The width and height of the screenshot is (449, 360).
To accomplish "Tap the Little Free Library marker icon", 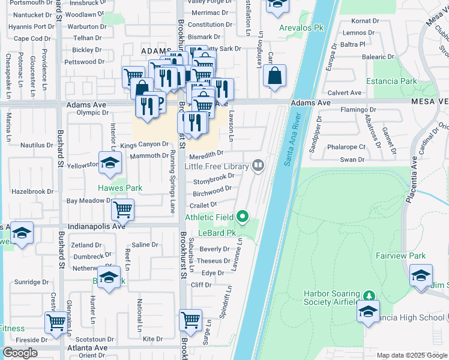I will pyautogui.click(x=259, y=164).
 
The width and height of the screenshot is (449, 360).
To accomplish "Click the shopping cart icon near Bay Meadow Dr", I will pyautogui.click(x=122, y=209).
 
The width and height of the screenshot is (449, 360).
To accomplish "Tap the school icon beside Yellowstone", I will pyautogui.click(x=110, y=164).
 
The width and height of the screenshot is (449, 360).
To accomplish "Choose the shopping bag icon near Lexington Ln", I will pyautogui.click(x=274, y=76).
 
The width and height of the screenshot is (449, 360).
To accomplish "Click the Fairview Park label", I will pyautogui.click(x=400, y=256).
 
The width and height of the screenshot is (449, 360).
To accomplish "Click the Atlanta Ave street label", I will pyautogui.click(x=87, y=347).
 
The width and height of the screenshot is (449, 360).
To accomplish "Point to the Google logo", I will pyautogui.click(x=20, y=353).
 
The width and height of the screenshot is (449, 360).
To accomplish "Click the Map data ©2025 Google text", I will pyautogui.click(x=412, y=355).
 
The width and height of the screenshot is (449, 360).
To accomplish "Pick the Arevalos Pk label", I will pyautogui.click(x=301, y=28).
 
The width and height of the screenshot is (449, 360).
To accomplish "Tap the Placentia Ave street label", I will pyautogui.click(x=413, y=179).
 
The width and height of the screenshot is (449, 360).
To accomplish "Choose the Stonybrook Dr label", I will pyautogui.click(x=214, y=179).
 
